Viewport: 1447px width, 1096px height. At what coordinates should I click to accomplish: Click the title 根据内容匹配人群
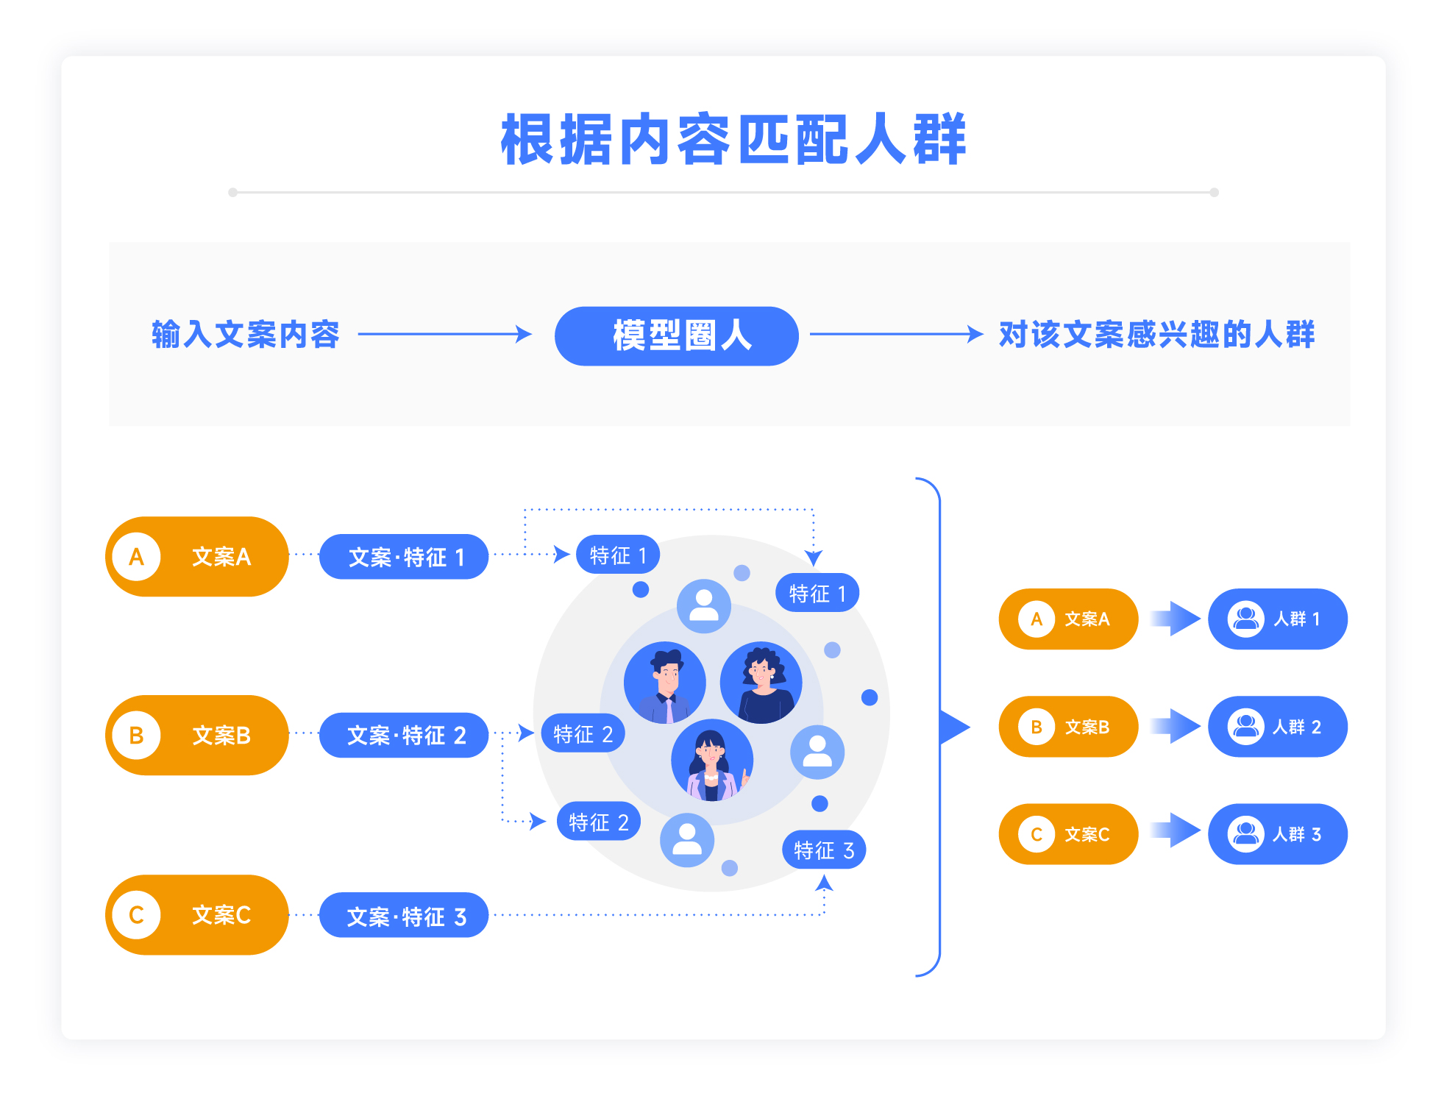tap(733, 140)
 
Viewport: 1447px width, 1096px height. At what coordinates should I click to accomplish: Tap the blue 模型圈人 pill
tap(676, 336)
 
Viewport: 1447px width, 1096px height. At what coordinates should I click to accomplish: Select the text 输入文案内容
tap(246, 335)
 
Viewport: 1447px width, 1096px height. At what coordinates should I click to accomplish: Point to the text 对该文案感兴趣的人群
tap(1156, 335)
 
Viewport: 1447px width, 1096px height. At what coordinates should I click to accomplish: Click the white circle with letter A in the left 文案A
tap(137, 557)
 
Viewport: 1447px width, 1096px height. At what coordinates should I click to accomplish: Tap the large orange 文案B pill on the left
tap(197, 735)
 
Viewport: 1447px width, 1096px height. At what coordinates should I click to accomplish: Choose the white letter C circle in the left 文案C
tap(137, 914)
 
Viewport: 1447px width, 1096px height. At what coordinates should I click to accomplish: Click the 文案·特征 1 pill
tap(404, 557)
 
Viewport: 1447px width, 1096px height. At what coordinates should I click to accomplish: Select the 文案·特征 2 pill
tap(404, 735)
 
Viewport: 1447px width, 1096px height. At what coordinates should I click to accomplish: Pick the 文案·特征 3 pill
tap(404, 915)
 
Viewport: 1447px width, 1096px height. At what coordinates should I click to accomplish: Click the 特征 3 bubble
tap(824, 850)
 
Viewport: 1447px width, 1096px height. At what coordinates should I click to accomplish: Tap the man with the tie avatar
tap(665, 683)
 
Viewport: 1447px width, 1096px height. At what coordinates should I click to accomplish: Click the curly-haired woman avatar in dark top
tap(761, 683)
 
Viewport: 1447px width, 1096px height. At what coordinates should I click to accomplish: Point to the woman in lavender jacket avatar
tap(712, 760)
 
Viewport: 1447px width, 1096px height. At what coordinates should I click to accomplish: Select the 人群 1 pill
tap(1277, 619)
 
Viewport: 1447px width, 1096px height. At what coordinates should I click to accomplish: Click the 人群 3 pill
tap(1277, 833)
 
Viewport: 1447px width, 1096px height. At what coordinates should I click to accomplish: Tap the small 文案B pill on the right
tap(1068, 727)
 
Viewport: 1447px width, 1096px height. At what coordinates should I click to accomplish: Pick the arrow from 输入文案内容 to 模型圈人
tap(445, 334)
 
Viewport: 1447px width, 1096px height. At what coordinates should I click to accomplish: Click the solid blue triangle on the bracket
tap(954, 727)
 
